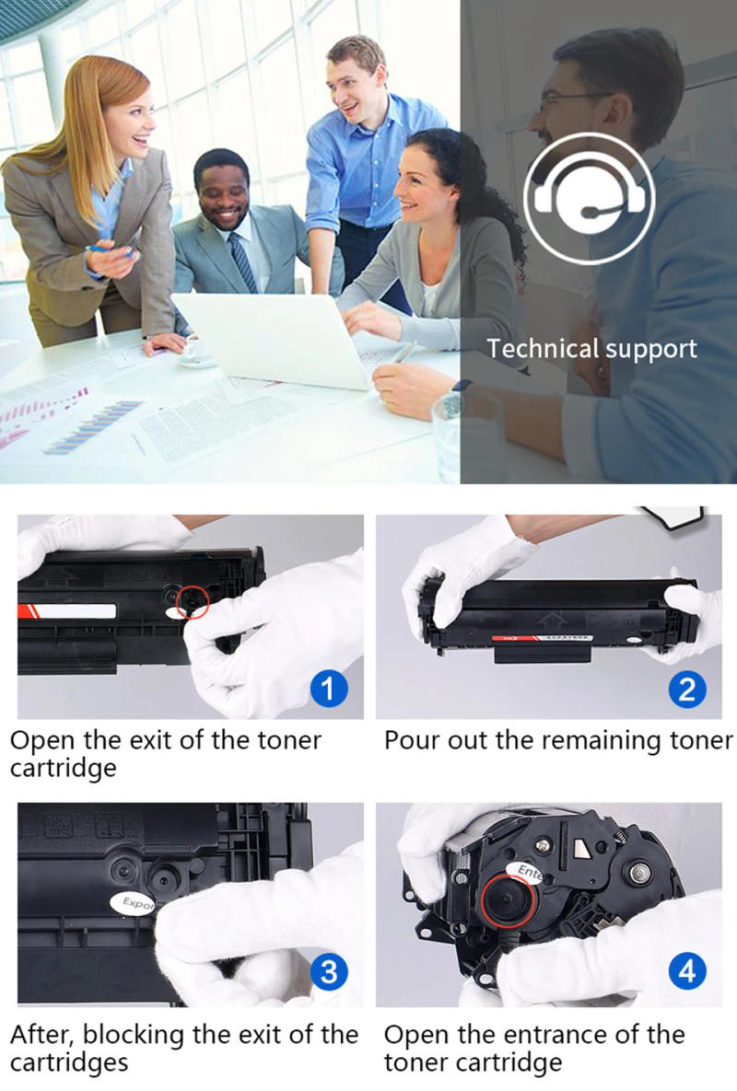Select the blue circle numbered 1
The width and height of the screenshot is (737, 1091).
coord(329,688)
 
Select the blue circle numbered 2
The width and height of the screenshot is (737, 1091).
coord(686,689)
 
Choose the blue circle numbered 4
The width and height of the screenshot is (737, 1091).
coord(686,973)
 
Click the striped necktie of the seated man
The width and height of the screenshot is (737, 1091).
coord(242,261)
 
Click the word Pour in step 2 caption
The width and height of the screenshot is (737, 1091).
coord(411,741)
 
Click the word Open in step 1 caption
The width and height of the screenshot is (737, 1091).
coord(41,741)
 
